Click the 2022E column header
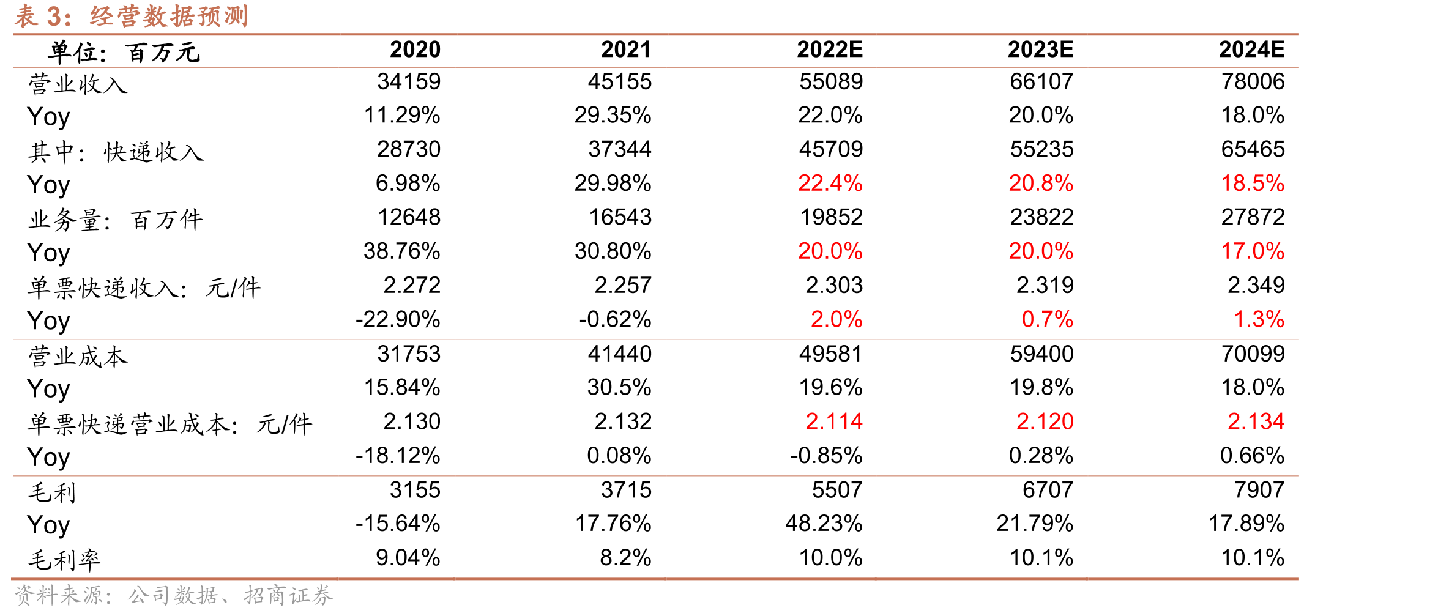tap(830, 50)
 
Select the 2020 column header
tap(415, 50)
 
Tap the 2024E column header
tap(1251, 50)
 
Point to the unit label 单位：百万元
tap(124, 53)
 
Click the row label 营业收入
tap(78, 84)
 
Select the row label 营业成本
tap(78, 356)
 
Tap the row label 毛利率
tap(64, 560)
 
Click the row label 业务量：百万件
tap(116, 220)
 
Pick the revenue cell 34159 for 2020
tap(409, 82)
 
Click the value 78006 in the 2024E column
tap(1253, 82)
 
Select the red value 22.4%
tap(830, 184)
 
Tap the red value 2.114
tap(834, 421)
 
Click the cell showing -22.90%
tap(398, 319)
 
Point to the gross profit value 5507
tap(837, 490)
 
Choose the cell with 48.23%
tap(824, 524)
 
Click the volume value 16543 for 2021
tap(620, 217)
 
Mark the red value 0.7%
tap(1048, 319)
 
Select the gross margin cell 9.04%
tap(408, 558)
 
